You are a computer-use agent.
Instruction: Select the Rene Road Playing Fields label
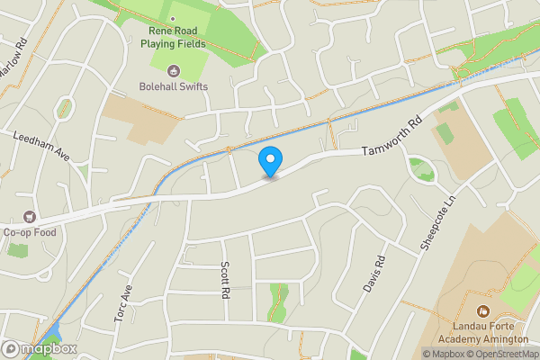(177, 35)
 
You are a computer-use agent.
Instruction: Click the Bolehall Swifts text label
(174, 86)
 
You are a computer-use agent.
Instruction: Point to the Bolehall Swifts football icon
(175, 70)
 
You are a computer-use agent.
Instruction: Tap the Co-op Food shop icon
(30, 217)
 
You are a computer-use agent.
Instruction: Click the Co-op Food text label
(31, 232)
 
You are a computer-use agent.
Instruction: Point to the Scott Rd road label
(225, 279)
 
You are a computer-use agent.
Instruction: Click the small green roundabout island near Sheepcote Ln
(419, 166)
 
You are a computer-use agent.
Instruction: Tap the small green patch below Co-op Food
(18, 249)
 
